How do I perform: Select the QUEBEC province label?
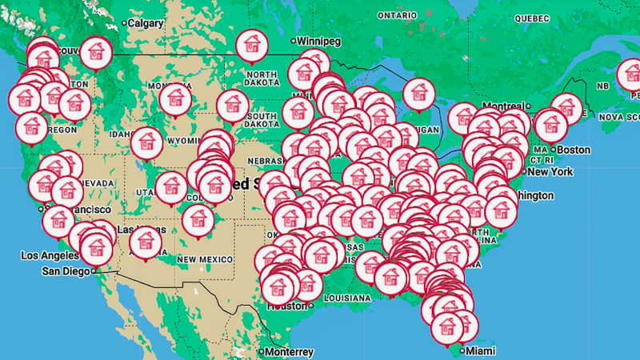point(532,18)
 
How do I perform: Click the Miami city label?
point(480,351)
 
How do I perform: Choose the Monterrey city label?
point(289,352)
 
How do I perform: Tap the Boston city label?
point(573,150)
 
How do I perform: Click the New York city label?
point(550,171)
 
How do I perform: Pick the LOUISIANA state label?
point(347,298)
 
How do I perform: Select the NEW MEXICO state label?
point(205,259)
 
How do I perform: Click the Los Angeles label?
point(50,256)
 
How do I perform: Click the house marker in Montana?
point(174,98)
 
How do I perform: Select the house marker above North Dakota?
point(251,44)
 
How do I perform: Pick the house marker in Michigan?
point(418,92)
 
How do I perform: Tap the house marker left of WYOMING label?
point(146,142)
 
